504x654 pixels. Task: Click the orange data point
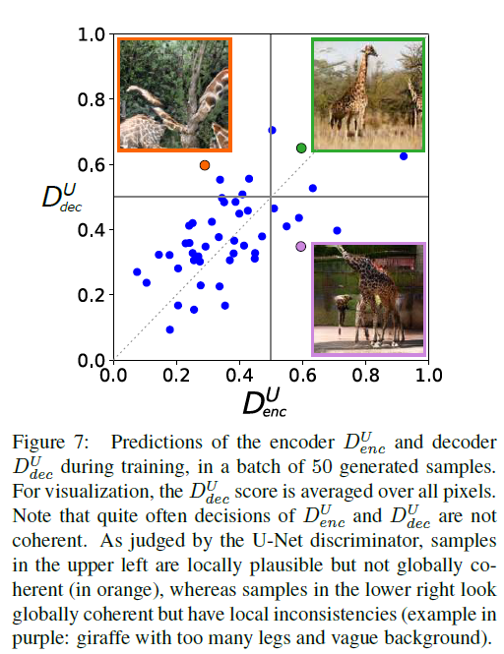(x=205, y=165)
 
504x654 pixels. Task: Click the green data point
(x=301, y=148)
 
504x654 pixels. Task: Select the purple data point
(x=301, y=246)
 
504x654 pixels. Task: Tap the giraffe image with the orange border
(x=174, y=94)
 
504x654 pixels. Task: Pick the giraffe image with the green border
(x=368, y=94)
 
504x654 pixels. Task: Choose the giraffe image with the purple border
(x=368, y=299)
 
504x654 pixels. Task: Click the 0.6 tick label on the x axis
(x=302, y=376)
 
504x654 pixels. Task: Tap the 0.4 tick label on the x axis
(x=239, y=376)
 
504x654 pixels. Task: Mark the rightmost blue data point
(x=404, y=156)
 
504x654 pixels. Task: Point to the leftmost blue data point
(x=137, y=271)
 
